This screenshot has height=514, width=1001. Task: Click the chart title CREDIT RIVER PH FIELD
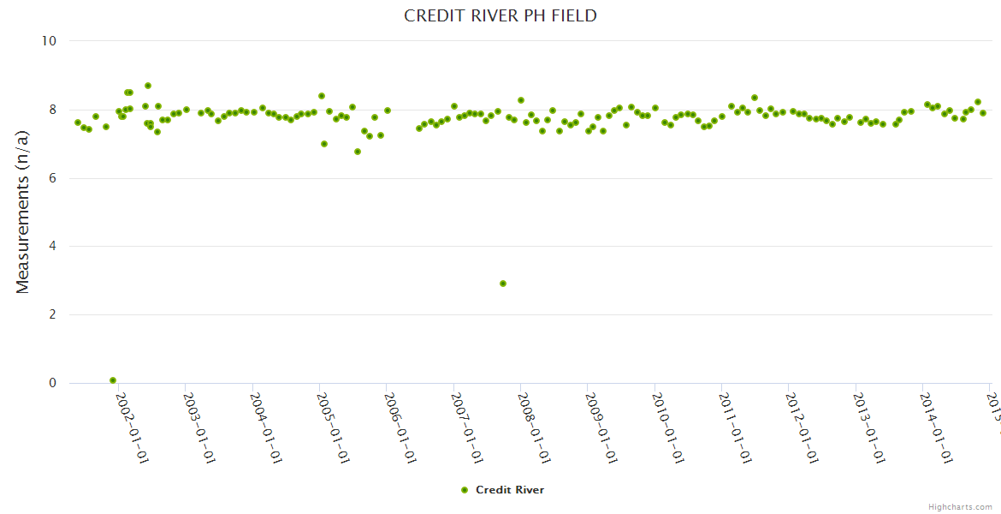[x=500, y=16]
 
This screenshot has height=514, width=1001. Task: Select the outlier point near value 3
[x=503, y=284]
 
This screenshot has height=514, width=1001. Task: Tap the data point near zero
[x=113, y=380]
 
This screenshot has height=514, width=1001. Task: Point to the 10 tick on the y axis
[x=48, y=41]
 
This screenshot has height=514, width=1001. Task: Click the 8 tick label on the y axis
[x=51, y=110]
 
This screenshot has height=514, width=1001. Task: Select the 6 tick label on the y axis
[x=51, y=178]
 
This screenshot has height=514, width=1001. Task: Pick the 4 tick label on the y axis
[x=51, y=247]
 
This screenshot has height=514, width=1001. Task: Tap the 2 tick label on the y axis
[x=51, y=315]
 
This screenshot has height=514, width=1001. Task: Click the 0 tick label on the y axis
[x=51, y=384]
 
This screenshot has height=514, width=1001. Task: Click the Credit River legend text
[x=510, y=490]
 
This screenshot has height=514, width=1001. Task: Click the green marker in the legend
[x=465, y=490]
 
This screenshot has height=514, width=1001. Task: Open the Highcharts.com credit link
[x=960, y=506]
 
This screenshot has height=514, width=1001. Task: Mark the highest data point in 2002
[x=148, y=86]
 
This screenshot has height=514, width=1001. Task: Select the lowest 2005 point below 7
[x=358, y=152]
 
